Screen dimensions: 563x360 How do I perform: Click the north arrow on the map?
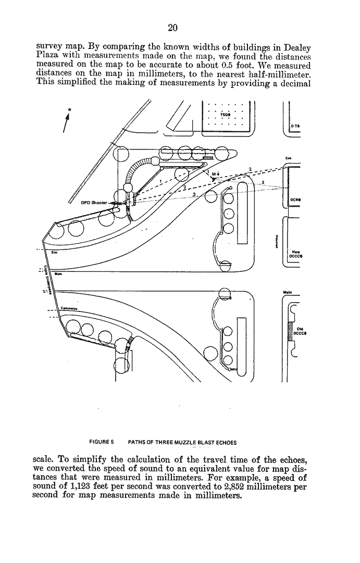point(66,123)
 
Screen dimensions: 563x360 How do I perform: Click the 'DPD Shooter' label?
point(94,203)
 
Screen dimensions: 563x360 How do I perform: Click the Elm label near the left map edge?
point(54,252)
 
